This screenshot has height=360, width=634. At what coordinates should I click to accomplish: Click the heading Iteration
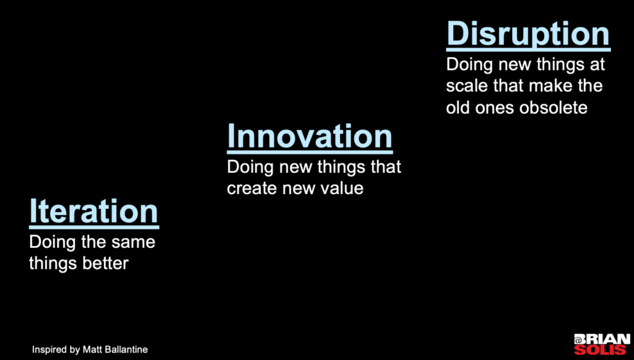94,211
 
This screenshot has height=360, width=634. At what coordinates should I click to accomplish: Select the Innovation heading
310,136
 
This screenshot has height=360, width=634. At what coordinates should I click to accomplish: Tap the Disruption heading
529,35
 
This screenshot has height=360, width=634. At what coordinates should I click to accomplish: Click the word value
343,188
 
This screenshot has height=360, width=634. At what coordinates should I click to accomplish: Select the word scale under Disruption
467,86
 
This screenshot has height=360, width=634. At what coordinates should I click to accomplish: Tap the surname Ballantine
125,349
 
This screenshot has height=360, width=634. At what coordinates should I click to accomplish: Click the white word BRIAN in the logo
607,339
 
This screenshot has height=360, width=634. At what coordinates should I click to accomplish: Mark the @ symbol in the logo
579,340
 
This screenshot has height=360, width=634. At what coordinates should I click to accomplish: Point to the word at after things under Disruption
597,64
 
